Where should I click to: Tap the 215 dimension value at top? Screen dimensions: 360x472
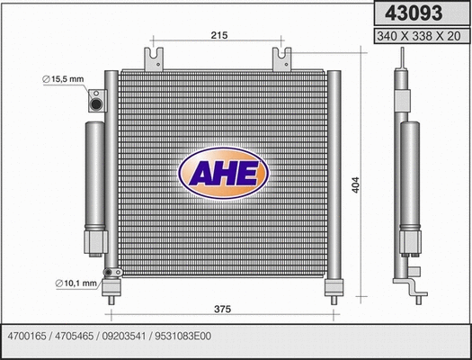(218, 36)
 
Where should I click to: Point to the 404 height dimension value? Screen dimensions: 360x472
(356, 185)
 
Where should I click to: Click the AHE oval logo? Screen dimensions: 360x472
(223, 174)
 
